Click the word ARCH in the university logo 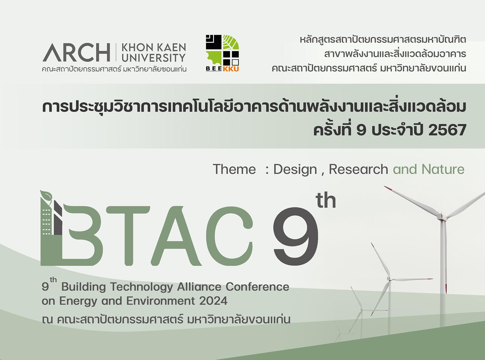(x=76, y=52)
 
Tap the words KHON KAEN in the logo (x=154, y=48)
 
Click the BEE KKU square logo (x=222, y=53)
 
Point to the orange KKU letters (x=231, y=69)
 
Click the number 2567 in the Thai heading (x=447, y=130)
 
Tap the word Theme (x=234, y=169)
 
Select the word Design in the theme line (x=295, y=170)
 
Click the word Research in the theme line (x=358, y=169)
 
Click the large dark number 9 (x=296, y=236)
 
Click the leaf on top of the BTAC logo (x=46, y=197)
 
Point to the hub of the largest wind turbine (x=441, y=215)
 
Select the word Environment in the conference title (x=161, y=301)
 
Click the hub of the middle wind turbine (x=389, y=278)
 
